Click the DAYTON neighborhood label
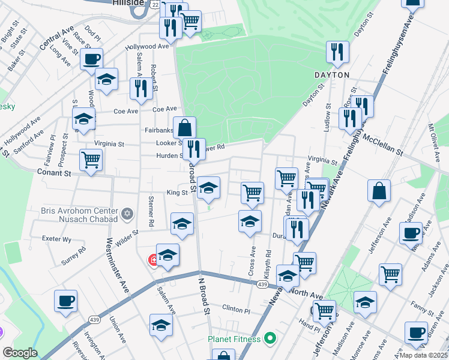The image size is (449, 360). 331,75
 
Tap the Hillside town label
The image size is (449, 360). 127,3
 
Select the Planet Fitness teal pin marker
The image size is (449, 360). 270,339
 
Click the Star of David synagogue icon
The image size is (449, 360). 126,214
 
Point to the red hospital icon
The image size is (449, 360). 154,260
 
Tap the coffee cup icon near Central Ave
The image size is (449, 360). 91,59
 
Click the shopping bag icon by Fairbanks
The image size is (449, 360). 185,127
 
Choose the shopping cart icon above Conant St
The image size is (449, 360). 91,160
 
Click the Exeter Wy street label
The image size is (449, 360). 57,239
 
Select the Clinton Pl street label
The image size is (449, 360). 235,310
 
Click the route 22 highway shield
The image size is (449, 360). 155,4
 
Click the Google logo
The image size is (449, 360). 20,353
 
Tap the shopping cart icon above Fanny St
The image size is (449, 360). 390,274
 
